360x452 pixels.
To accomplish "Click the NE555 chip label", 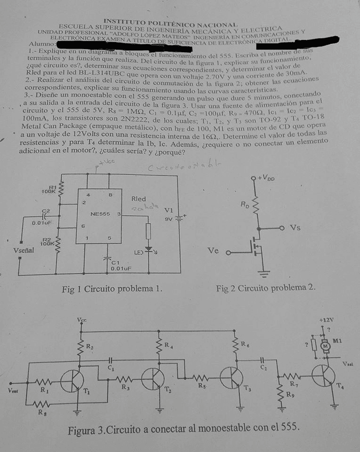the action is [100, 214].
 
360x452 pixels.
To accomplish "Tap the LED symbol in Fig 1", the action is [149, 248].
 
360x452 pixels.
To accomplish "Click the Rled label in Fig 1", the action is [138, 199].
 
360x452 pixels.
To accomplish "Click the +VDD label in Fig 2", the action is [266, 178].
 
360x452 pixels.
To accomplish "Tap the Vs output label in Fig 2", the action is [294, 228].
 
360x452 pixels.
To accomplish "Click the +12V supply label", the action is [326, 320].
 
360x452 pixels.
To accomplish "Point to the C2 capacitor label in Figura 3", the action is [263, 368].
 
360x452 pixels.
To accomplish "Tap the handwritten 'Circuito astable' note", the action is [172, 168].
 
